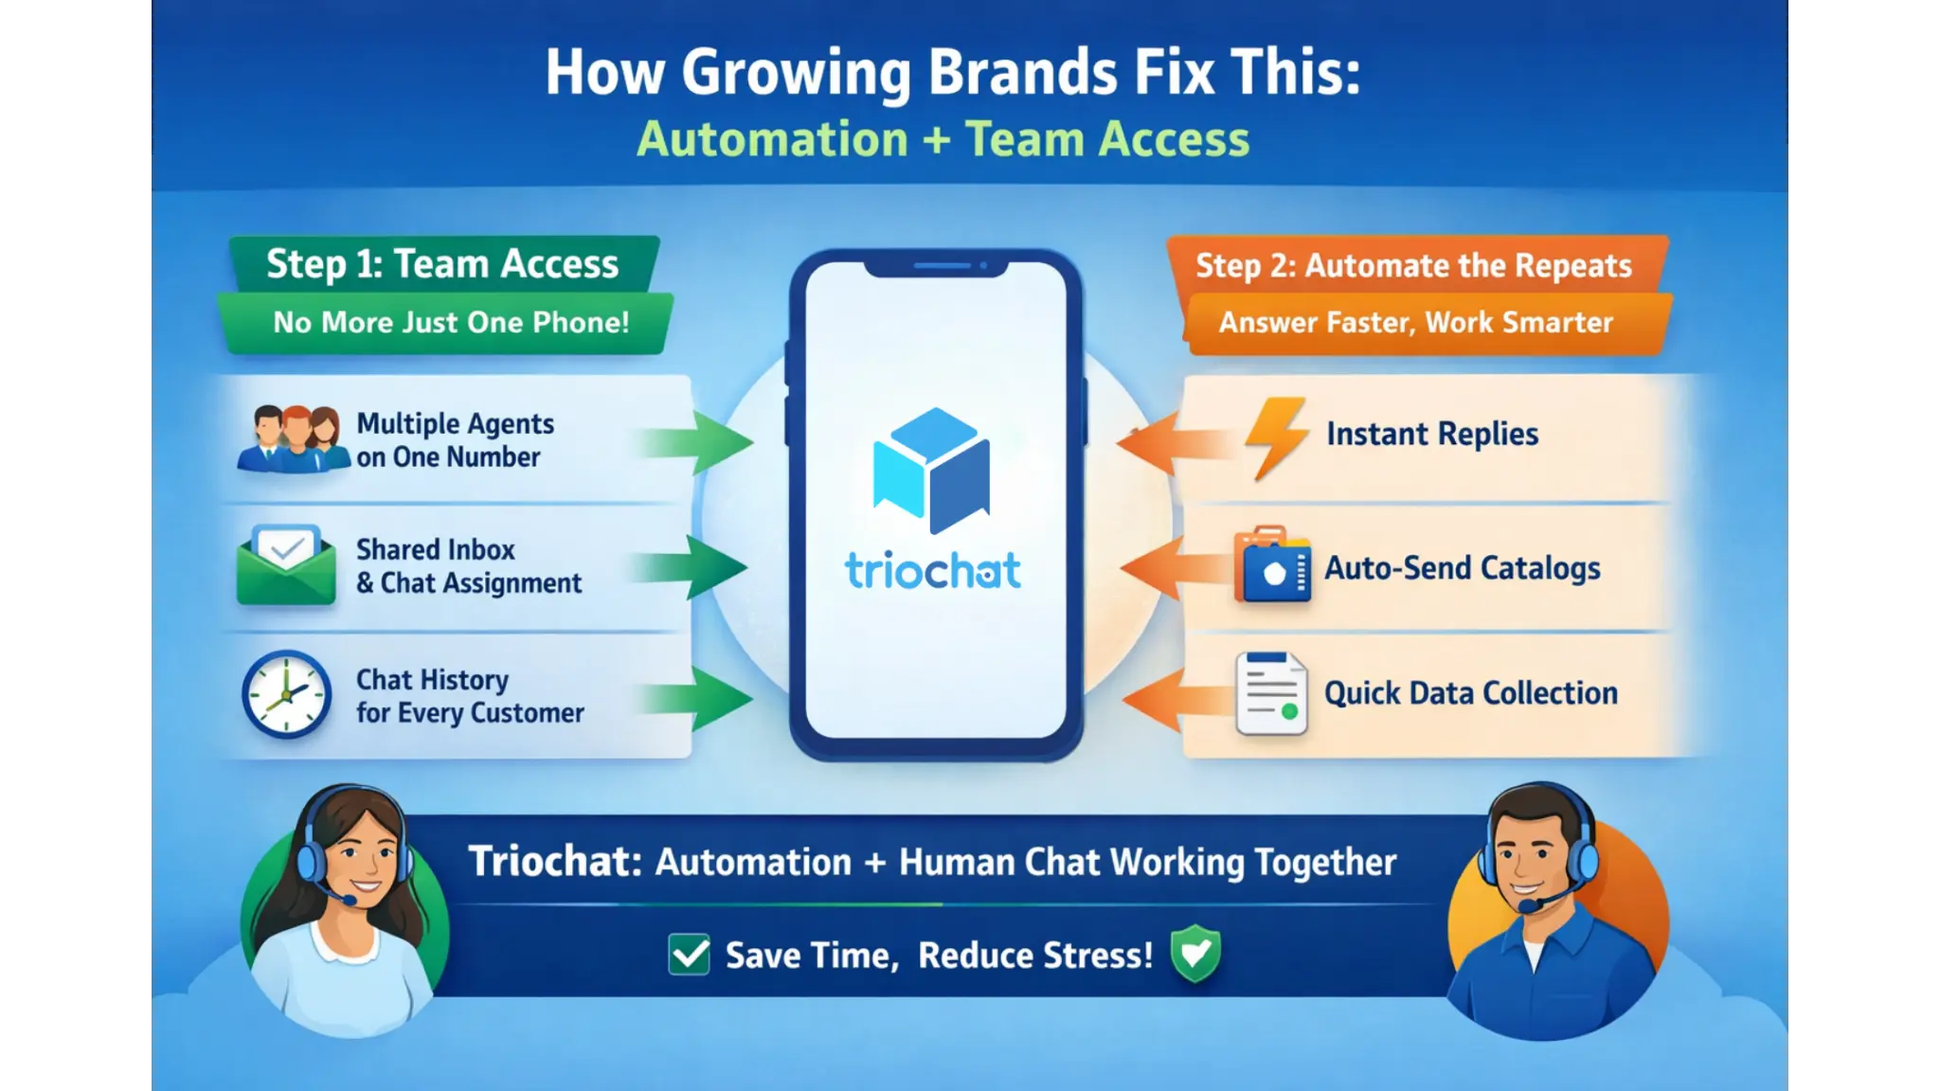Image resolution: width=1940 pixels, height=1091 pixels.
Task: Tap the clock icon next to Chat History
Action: [286, 694]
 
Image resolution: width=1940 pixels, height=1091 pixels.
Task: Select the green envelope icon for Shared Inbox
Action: [286, 565]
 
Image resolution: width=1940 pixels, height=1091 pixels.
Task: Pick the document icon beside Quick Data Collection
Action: [1271, 693]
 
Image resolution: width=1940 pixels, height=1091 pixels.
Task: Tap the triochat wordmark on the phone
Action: [933, 570]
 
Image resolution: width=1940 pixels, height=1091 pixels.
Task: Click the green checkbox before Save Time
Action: [689, 954]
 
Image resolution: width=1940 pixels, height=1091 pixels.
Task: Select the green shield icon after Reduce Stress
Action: [1195, 953]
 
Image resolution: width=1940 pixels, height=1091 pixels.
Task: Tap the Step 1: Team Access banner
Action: [443, 263]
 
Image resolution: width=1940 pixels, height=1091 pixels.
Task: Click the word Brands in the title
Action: [1023, 72]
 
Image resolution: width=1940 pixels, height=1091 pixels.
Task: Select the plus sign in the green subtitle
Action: [936, 140]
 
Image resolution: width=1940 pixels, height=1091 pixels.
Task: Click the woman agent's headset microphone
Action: [348, 898]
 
